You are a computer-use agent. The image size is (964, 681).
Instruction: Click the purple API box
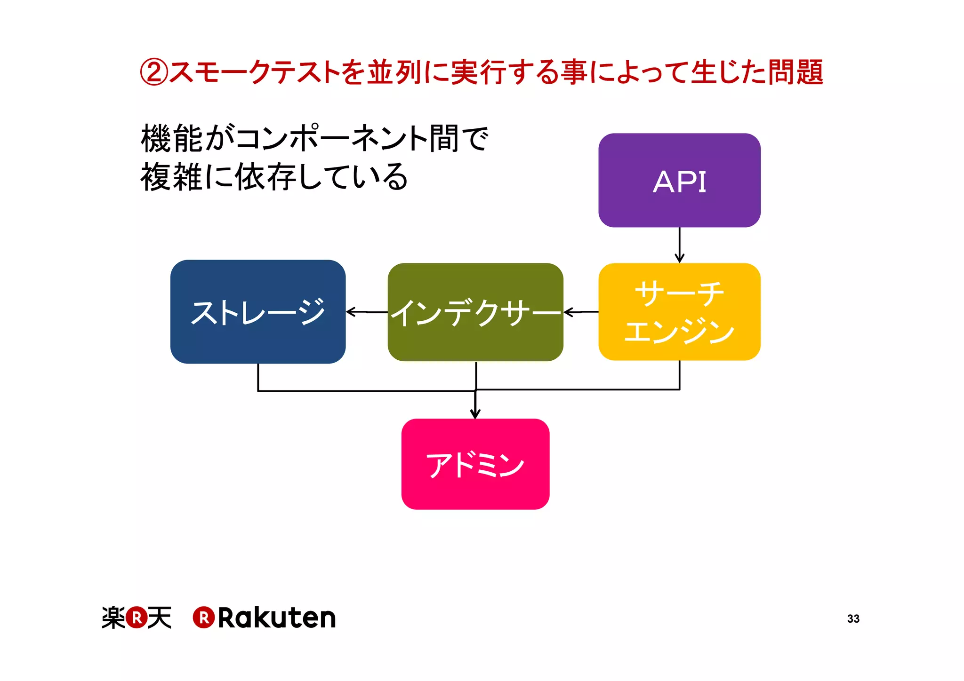(x=679, y=180)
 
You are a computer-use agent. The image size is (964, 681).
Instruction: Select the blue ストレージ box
(x=258, y=311)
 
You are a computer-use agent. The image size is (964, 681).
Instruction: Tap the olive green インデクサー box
(x=475, y=312)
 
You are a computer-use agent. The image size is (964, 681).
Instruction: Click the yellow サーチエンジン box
(x=679, y=312)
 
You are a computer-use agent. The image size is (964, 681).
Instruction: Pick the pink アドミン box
(x=475, y=464)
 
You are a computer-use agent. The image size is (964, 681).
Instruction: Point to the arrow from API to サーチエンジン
(x=679, y=245)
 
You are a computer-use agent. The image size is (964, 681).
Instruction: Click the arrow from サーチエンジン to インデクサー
(x=581, y=312)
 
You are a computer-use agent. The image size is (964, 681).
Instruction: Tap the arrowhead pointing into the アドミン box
(x=475, y=413)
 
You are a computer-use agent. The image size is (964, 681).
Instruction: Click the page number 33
(x=853, y=619)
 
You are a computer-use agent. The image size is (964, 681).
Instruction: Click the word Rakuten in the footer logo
(x=276, y=618)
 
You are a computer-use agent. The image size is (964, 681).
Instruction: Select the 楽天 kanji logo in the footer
(x=137, y=618)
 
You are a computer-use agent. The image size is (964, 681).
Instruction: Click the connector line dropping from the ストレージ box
(x=258, y=377)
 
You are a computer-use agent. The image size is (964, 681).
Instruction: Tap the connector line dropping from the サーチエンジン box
(x=679, y=375)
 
